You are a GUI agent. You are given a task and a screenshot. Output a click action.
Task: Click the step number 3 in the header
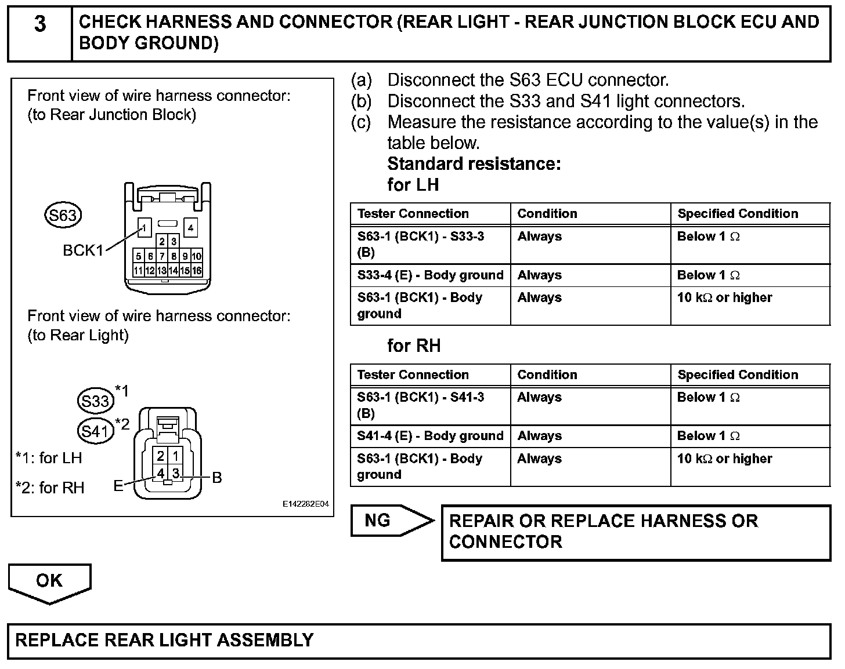point(39,24)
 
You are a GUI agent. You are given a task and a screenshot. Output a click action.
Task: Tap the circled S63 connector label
point(63,216)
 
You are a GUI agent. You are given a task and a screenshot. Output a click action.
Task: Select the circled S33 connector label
point(95,401)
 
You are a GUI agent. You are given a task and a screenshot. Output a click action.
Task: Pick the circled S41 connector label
point(95,431)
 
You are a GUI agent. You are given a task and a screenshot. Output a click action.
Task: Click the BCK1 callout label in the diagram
point(83,250)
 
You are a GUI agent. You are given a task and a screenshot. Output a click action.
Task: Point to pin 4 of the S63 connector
point(190,228)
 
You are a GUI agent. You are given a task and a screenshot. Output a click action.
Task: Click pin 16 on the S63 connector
point(197,271)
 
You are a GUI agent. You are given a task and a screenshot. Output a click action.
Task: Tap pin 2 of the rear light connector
point(161,456)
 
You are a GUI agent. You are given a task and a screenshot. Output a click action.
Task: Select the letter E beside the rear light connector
point(118,486)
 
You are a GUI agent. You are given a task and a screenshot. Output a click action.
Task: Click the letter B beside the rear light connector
point(216,478)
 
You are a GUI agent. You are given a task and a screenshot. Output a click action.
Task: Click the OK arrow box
point(49,581)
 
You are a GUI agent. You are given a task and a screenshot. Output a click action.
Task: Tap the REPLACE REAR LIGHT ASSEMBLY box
point(419,641)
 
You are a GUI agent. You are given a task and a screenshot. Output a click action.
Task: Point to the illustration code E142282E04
point(306,504)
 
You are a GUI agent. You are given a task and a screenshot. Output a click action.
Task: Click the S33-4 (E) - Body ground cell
point(430,275)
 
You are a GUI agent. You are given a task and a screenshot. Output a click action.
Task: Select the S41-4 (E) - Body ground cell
point(430,436)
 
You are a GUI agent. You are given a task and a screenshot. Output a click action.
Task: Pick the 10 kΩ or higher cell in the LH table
point(724,298)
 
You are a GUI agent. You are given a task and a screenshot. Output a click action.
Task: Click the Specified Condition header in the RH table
point(738,375)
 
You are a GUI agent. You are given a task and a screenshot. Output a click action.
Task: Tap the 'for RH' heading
point(414,346)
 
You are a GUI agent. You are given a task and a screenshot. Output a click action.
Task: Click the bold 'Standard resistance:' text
point(474,164)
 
